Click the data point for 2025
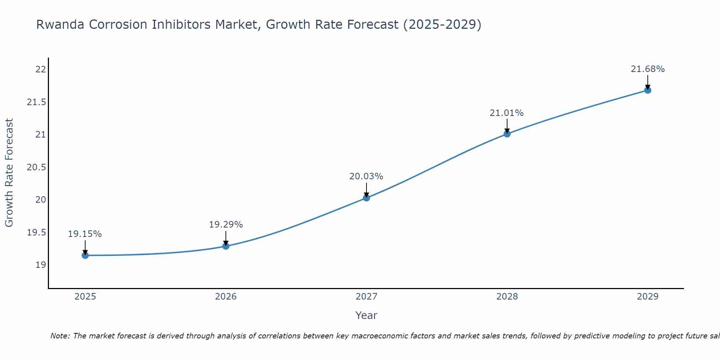[x=85, y=255]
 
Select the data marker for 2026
[x=226, y=246]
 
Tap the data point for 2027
[x=366, y=198]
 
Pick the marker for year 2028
[x=507, y=134]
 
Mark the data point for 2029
[x=648, y=90]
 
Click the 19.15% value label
[x=85, y=234]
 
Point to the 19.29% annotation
[x=226, y=225]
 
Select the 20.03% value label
[x=366, y=176]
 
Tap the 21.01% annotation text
[x=507, y=113]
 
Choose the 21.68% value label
[x=648, y=69]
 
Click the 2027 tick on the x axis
[x=366, y=297]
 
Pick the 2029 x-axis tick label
[x=648, y=297]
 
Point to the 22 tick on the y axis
[x=41, y=69]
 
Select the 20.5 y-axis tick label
[x=37, y=167]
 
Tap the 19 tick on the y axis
[x=41, y=265]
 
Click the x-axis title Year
[x=366, y=315]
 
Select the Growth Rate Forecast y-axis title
[x=9, y=172]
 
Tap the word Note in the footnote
[x=60, y=336]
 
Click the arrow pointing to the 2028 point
[x=507, y=126]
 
